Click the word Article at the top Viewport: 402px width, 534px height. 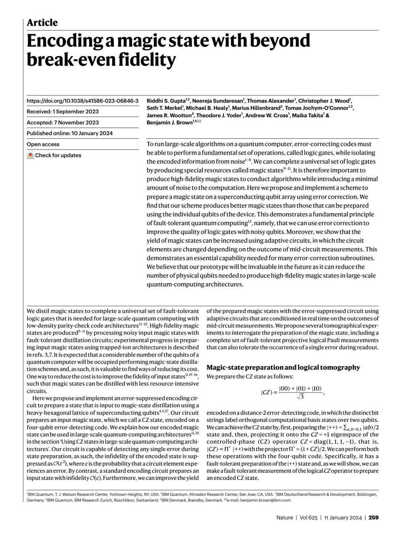(x=42, y=23)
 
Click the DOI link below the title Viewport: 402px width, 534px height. (x=82, y=101)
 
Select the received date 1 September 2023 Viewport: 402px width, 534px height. (x=76, y=112)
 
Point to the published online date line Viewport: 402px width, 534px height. (x=70, y=133)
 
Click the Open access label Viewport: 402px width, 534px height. (x=43, y=144)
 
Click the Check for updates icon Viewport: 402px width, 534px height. (x=30, y=155)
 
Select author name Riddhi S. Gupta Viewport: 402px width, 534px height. (x=166, y=101)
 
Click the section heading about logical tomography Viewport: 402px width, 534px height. (x=283, y=367)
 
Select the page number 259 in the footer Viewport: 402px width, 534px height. (x=373, y=517)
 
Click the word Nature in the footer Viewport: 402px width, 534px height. (x=285, y=517)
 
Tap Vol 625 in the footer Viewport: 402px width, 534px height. (x=309, y=517)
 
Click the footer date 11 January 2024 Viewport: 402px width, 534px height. (x=343, y=517)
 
